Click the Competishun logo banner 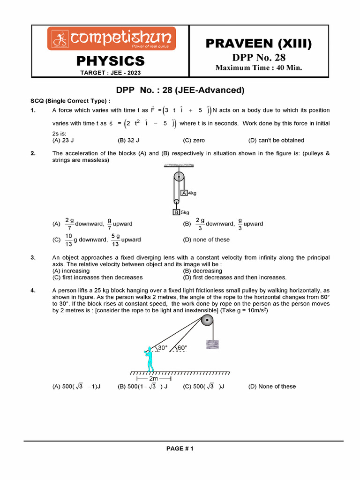point(111,38)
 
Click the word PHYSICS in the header point(111,61)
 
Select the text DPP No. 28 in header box point(259,58)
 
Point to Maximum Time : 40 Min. point(259,68)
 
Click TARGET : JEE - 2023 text point(111,73)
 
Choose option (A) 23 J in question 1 point(63,140)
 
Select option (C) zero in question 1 point(194,140)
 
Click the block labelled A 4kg point(185,193)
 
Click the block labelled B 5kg point(177,212)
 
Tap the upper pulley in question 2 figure point(180,178)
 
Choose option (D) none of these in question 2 point(206,240)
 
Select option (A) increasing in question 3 point(71,271)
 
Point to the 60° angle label point(181,348)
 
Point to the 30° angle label point(162,348)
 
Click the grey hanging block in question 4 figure point(213,344)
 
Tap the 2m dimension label point(153,378)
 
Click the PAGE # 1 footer point(180,449)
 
